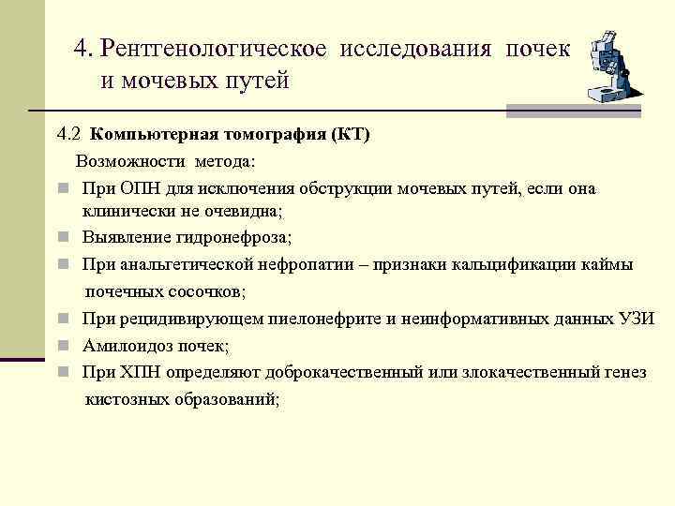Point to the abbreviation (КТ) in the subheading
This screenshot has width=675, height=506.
351,134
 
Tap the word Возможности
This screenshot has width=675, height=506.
127,161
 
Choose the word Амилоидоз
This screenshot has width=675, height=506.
126,345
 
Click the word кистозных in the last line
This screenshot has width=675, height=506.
125,398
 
